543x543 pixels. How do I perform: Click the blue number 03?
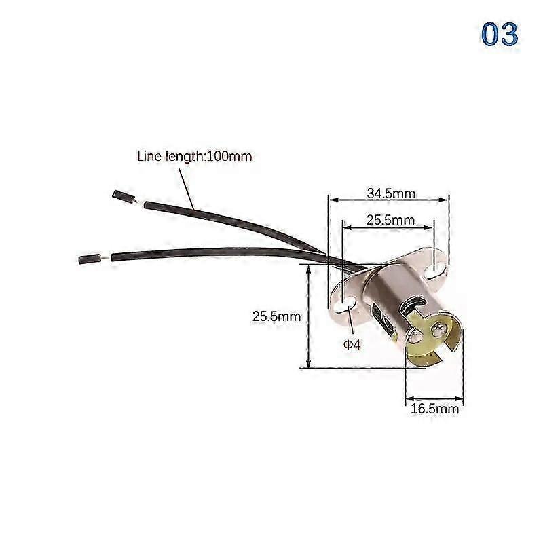pyautogui.click(x=500, y=34)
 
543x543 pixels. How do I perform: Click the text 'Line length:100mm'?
pyautogui.click(x=194, y=156)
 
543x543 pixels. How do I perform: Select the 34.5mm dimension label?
pyautogui.click(x=391, y=193)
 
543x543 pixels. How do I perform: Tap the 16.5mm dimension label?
pyautogui.click(x=434, y=409)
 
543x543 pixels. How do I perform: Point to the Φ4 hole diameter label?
pyautogui.click(x=352, y=345)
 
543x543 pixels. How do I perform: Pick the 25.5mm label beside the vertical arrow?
pyautogui.click(x=276, y=316)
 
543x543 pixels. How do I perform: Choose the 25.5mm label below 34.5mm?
pyautogui.click(x=390, y=219)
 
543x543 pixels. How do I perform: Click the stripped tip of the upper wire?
pyautogui.click(x=123, y=196)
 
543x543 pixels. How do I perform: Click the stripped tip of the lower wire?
pyautogui.click(x=90, y=259)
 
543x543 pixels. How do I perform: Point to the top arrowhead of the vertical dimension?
pyautogui.click(x=308, y=267)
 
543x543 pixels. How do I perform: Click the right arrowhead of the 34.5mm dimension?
pyautogui.click(x=444, y=200)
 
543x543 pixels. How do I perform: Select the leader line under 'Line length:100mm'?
pyautogui.click(x=186, y=189)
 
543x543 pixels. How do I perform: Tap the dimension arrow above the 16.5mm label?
pyautogui.click(x=434, y=399)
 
